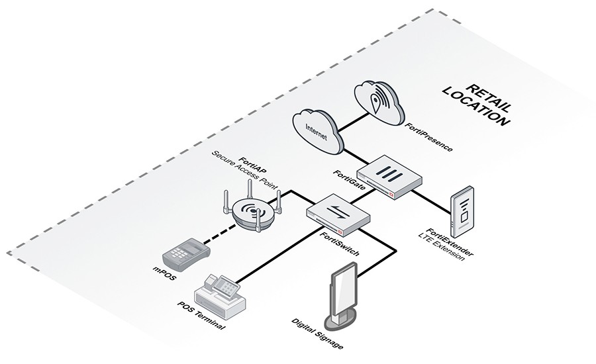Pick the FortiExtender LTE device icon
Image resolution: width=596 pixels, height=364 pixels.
pos(462,210)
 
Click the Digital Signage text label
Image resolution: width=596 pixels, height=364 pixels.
pos(317,334)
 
